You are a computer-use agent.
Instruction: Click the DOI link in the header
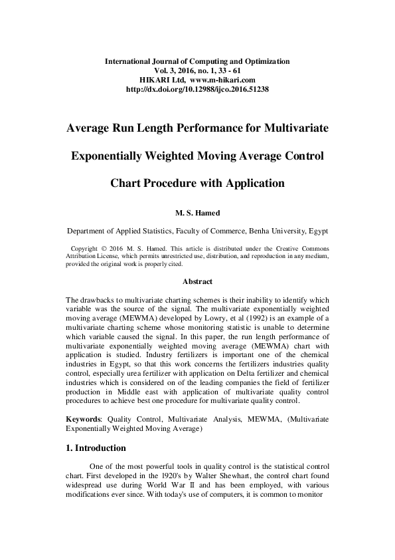(x=197, y=88)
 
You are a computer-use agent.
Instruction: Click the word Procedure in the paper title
(x=169, y=183)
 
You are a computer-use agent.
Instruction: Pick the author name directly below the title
(x=197, y=215)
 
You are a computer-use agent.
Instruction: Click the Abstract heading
(x=197, y=282)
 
